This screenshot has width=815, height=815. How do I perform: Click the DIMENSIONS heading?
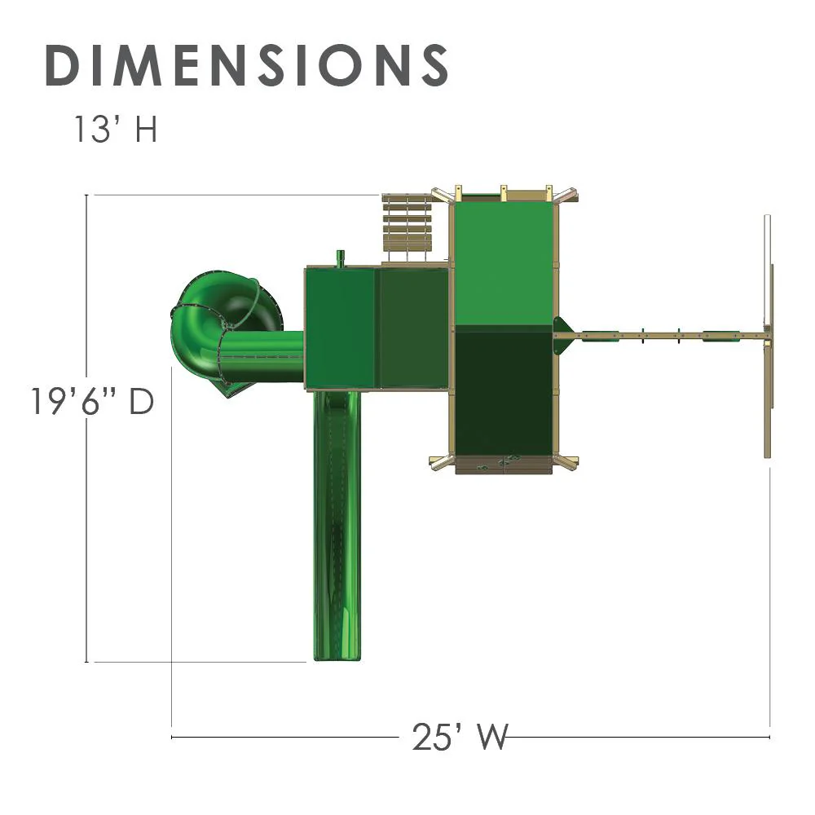(246, 65)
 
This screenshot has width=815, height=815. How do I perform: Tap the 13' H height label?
(116, 129)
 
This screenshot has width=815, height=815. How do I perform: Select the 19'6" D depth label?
(93, 401)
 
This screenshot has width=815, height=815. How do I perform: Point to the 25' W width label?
(460, 737)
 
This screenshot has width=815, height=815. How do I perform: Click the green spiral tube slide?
(208, 322)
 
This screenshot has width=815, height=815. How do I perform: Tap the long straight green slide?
(337, 525)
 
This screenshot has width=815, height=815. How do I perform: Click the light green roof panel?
(503, 263)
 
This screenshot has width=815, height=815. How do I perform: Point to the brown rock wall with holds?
(503, 465)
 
